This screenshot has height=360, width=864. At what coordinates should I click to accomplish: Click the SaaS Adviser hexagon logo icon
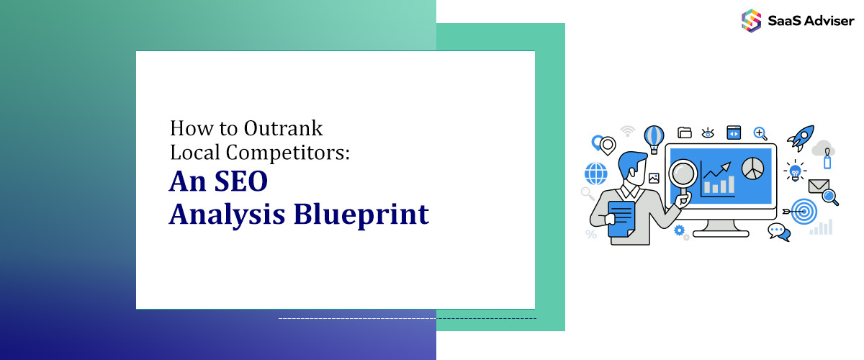point(751,20)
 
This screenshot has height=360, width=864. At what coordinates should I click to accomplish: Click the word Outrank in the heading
point(282,129)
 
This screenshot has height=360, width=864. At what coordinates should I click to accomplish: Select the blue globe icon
point(596,174)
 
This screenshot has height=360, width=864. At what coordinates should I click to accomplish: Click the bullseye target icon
point(804,211)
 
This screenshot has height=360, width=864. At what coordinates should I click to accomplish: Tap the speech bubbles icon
point(778,231)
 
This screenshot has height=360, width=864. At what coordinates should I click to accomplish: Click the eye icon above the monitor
point(708,132)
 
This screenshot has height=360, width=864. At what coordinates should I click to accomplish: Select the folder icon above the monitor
point(685,132)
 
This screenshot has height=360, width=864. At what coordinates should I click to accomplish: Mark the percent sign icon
point(591,234)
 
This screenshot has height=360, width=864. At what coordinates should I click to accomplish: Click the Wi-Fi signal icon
point(628,131)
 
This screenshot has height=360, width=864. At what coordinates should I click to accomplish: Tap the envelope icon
point(819,186)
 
